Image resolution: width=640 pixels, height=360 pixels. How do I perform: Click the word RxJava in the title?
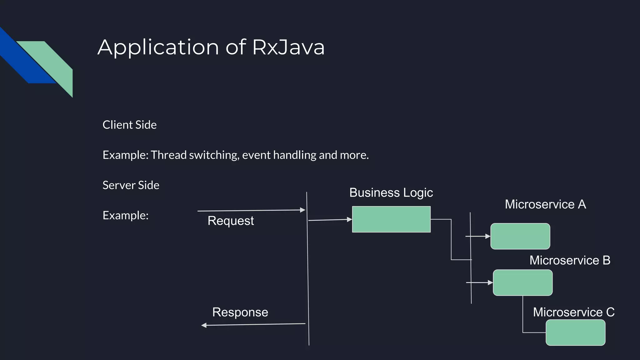(x=288, y=47)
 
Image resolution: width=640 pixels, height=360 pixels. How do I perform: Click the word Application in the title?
(x=158, y=47)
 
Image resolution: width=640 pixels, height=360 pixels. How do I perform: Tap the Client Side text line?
(x=129, y=125)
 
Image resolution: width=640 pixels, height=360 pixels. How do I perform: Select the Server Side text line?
(x=131, y=185)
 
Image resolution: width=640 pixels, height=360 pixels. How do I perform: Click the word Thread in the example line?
(x=168, y=155)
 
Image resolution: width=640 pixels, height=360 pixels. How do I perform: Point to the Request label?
(x=231, y=221)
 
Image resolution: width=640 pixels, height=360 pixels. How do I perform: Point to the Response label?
(x=240, y=312)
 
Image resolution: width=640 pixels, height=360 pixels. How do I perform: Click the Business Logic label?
(x=391, y=192)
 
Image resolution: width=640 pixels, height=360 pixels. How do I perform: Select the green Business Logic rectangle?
(x=391, y=219)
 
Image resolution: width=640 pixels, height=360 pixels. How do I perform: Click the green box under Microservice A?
(x=520, y=236)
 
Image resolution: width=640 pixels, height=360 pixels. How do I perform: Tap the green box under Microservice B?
(x=522, y=282)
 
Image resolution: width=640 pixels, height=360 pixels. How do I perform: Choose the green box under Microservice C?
(x=575, y=332)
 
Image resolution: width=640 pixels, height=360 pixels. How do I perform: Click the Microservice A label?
(x=545, y=204)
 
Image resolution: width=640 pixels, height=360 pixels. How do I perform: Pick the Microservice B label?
(x=570, y=260)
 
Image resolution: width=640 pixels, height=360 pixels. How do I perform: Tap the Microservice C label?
(x=573, y=312)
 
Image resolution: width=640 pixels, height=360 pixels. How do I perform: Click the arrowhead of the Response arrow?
(x=204, y=325)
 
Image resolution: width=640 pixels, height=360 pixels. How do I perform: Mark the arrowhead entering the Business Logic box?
(x=350, y=220)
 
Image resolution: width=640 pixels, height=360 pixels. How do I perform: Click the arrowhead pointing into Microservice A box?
(x=488, y=237)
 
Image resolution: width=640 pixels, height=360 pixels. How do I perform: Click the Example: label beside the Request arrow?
(x=125, y=215)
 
